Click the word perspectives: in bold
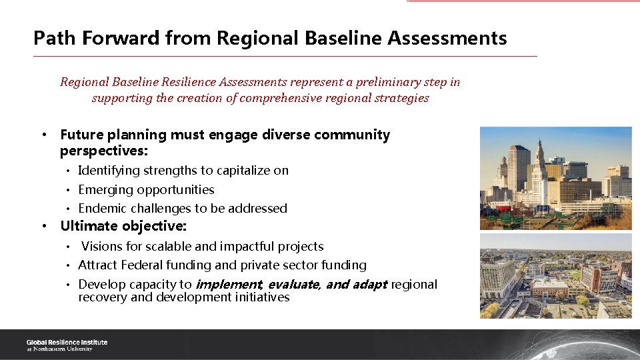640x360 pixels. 103,151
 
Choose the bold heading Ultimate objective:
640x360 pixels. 123,226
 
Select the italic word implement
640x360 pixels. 228,285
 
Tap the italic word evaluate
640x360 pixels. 293,285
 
